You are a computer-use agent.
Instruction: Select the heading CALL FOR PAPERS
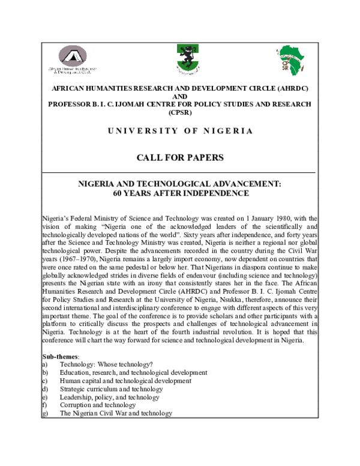pyautogui.click(x=180, y=158)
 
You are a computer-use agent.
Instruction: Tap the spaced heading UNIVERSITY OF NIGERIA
pyautogui.click(x=180, y=130)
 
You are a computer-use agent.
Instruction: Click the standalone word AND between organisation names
pyautogui.click(x=180, y=96)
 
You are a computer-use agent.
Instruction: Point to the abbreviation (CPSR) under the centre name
pyautogui.click(x=180, y=112)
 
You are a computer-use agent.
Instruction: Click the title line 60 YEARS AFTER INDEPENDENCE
pyautogui.click(x=180, y=193)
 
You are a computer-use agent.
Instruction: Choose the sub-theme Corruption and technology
pyautogui.click(x=98, y=405)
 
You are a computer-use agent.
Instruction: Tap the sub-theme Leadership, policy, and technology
pyautogui.click(x=110, y=397)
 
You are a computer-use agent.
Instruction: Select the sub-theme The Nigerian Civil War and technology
pyautogui.click(x=116, y=413)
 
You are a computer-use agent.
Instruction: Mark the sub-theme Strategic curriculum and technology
pyautogui.click(x=112, y=389)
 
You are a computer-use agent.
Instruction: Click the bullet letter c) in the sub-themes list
pyautogui.click(x=45, y=381)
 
